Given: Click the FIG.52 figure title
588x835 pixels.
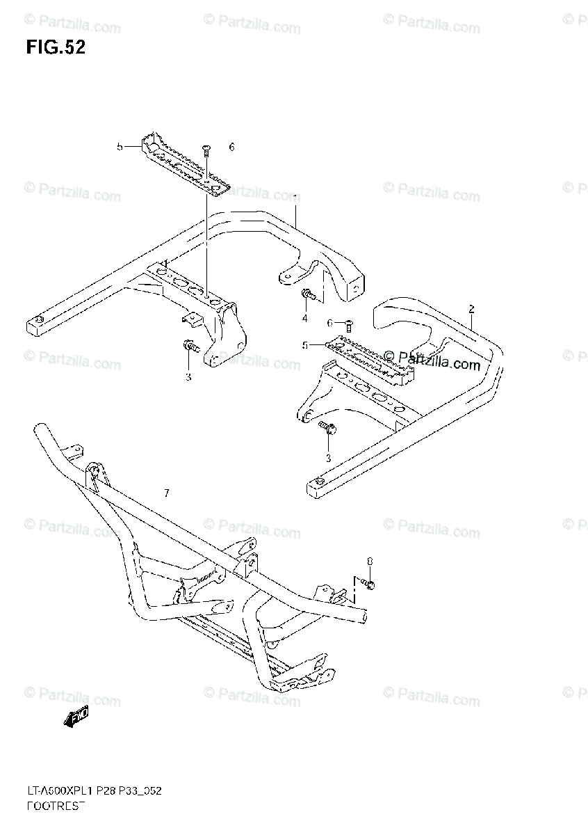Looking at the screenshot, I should tap(56, 48).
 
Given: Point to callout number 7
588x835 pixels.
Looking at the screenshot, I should tap(166, 493).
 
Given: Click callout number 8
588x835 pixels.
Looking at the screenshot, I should tap(369, 560).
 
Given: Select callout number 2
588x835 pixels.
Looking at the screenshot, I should tap(471, 308).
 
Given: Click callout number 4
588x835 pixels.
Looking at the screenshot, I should tap(304, 319).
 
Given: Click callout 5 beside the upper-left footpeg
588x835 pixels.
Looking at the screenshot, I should tap(120, 147).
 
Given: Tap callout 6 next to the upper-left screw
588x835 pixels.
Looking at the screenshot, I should tap(231, 147).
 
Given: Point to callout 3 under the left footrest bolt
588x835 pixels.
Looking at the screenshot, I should tap(188, 376).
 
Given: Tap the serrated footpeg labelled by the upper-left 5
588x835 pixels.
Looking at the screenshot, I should tap(185, 167).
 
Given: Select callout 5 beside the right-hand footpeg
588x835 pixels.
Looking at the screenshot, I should tap(304, 345).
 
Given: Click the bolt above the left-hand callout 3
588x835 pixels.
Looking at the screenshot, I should tap(189, 346).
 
